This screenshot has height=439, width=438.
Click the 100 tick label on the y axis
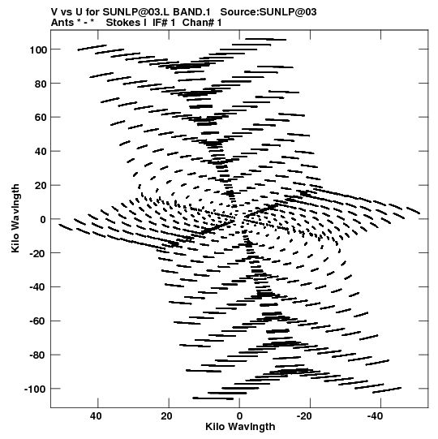(37, 49)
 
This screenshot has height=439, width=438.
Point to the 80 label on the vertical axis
(40, 84)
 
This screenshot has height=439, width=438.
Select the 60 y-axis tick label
(40, 118)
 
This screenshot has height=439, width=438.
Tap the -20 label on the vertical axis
(37, 253)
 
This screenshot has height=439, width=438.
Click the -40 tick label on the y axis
(37, 287)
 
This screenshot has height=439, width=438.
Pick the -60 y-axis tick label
(37, 321)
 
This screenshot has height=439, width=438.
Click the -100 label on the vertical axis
(35, 390)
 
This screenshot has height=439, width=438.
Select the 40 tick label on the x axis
(96, 416)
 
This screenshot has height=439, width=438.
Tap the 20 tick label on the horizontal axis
(166, 416)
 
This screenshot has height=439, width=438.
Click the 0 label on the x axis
(239, 416)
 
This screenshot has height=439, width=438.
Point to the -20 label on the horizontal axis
(304, 416)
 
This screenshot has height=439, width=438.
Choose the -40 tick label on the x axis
(375, 416)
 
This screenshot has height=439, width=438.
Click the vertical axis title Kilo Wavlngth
(15, 218)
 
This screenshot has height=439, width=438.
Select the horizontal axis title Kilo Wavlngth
(240, 427)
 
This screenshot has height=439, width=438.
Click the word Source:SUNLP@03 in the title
(268, 12)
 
